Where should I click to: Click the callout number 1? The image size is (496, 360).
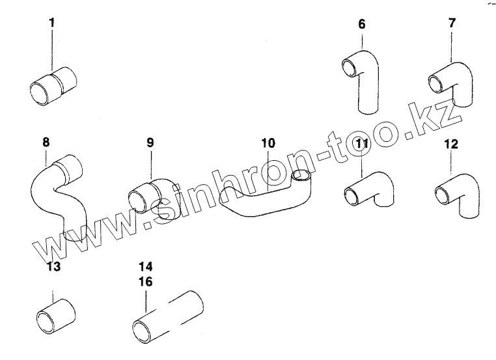point(53,23)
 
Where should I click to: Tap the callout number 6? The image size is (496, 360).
point(362,25)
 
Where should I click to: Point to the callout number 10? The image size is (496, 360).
point(268,141)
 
